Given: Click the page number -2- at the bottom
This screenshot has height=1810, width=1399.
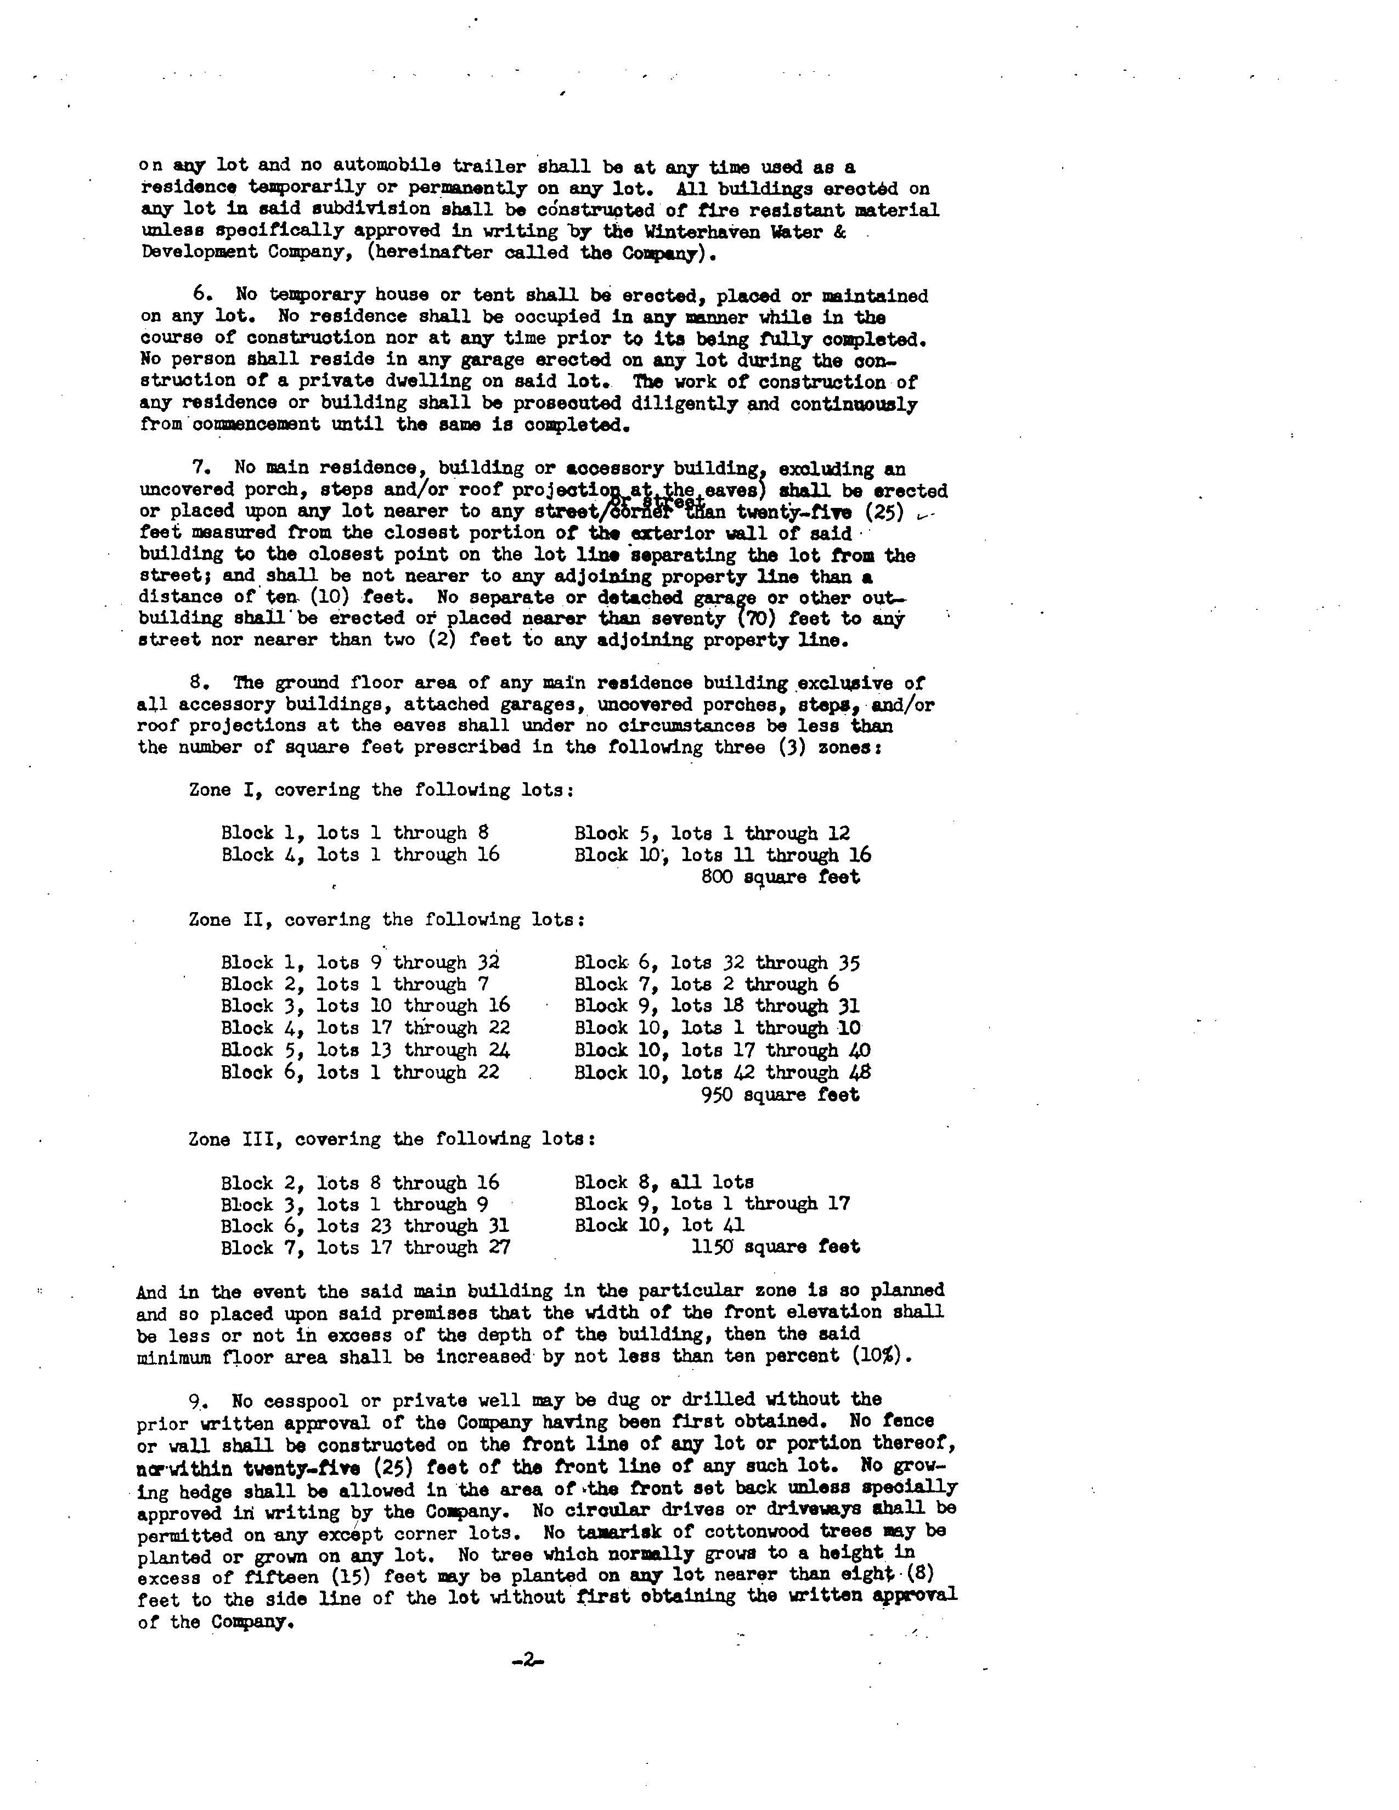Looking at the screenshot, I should (x=526, y=1660).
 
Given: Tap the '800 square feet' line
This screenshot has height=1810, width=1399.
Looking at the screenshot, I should (x=780, y=877).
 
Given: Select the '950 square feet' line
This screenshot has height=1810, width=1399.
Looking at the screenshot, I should (x=780, y=1094).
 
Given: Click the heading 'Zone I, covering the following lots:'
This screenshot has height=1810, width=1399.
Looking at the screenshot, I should (x=381, y=790).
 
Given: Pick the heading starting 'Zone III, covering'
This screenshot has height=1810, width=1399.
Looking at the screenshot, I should (x=392, y=1139).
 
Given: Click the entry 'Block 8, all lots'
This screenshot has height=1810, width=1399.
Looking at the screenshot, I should (x=664, y=1182).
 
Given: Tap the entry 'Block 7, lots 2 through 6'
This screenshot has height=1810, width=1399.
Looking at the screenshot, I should (x=706, y=985).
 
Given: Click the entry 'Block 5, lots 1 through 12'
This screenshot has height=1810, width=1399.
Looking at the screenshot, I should (x=712, y=833).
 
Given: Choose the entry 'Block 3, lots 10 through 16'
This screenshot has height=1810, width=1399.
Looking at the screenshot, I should (x=365, y=1006).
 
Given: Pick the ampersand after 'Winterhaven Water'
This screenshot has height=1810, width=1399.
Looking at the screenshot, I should (x=839, y=232).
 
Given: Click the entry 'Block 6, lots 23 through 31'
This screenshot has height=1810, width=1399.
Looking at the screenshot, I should (x=365, y=1225).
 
